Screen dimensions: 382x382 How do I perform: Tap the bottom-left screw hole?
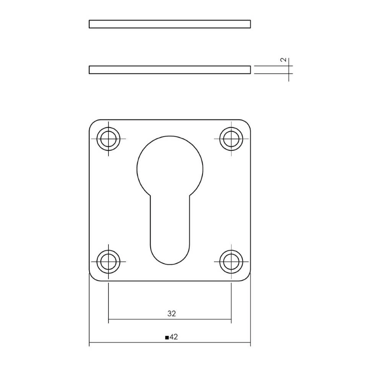(108, 262)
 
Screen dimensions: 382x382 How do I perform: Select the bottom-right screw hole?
(231, 262)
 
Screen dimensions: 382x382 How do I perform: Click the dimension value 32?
(172, 314)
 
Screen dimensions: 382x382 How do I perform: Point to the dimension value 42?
(174, 337)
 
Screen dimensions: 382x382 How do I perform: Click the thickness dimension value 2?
(283, 60)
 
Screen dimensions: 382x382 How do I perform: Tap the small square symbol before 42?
(167, 337)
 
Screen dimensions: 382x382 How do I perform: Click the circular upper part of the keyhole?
(170, 167)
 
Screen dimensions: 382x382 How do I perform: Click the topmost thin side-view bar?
(170, 24)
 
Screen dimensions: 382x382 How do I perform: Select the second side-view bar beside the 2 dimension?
(170, 70)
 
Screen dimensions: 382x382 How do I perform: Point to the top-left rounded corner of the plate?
(92, 123)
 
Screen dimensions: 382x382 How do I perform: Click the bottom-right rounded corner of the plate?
(247, 278)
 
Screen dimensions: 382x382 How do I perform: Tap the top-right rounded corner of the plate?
(247, 123)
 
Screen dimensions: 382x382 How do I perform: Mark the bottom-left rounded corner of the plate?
(92, 278)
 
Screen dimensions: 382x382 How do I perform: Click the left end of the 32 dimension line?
(109, 319)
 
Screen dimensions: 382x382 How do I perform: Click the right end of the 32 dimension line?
(231, 319)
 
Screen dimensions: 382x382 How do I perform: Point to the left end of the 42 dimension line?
(89, 343)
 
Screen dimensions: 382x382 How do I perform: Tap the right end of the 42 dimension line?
(251, 343)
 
